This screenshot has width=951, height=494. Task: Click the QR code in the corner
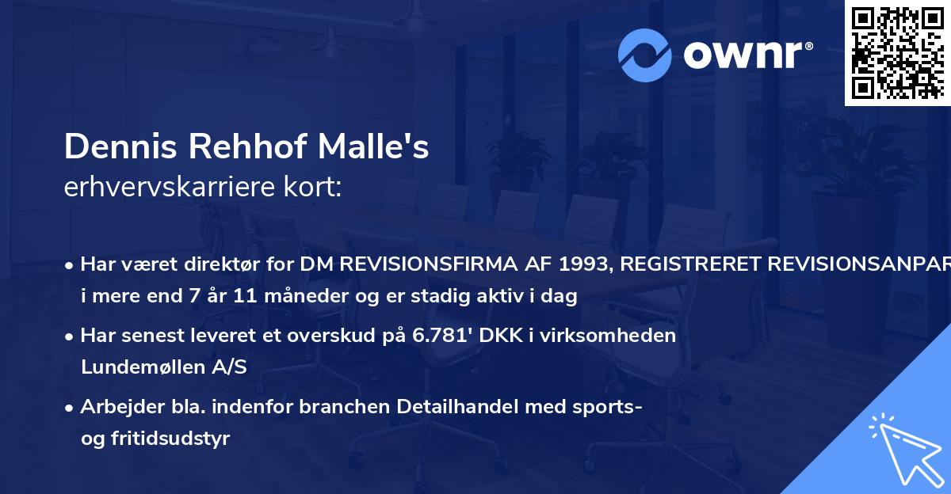tap(897, 52)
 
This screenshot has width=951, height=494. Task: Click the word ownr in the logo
tap(747, 54)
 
